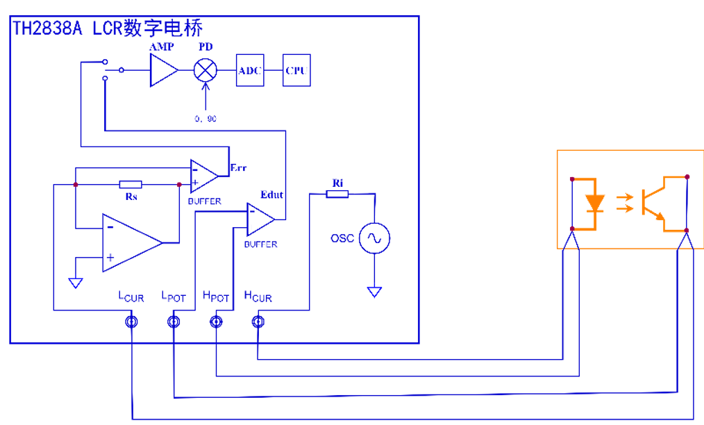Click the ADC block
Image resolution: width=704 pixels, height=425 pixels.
tap(250, 70)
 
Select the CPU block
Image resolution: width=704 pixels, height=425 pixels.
tap(296, 70)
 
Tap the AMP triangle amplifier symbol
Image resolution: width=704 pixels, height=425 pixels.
tap(162, 70)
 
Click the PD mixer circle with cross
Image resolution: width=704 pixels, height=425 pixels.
tap(205, 70)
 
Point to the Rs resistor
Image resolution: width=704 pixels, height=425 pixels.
tap(131, 185)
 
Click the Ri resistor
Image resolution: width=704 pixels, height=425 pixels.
tap(337, 194)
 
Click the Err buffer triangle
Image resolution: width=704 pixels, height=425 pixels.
tap(203, 176)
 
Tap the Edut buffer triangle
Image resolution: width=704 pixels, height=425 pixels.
tap(260, 219)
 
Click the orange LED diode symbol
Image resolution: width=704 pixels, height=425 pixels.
tap(595, 203)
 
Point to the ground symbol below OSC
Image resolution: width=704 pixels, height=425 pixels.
tap(374, 292)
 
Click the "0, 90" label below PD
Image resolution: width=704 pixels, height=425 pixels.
tap(206, 119)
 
